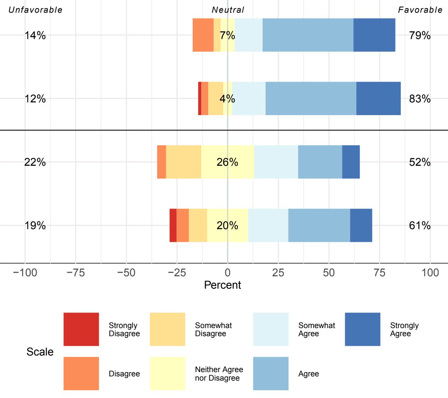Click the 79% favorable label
click(x=420, y=36)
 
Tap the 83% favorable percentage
click(x=420, y=99)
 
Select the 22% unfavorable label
click(x=35, y=162)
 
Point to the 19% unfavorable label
click(x=35, y=226)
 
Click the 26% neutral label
click(x=227, y=162)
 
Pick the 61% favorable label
click(x=420, y=226)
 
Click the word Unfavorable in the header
click(x=36, y=10)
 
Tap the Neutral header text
click(x=228, y=10)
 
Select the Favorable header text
click(x=420, y=10)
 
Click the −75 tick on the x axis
click(x=76, y=273)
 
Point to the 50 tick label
click(x=329, y=273)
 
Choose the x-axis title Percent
click(x=222, y=285)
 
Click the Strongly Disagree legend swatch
click(x=81, y=329)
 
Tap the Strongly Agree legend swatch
click(x=362, y=329)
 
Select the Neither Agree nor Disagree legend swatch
click(x=167, y=373)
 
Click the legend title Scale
click(x=40, y=352)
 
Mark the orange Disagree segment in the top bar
click(x=203, y=35)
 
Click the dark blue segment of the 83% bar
click(x=378, y=99)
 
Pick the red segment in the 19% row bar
click(x=173, y=225)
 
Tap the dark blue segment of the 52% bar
click(x=351, y=162)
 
